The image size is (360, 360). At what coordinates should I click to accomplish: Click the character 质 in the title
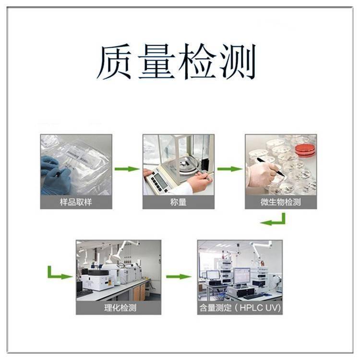pos(114,61)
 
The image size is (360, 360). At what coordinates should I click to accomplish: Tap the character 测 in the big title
pos(238,61)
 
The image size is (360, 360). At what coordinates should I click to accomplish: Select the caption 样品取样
pos(76,202)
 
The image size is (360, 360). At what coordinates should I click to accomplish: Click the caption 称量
pos(178,202)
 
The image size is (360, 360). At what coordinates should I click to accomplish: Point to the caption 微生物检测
pos(281,202)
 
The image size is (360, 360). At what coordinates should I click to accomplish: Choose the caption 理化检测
pos(120,308)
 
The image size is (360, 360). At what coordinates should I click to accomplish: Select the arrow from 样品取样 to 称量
pos(127,169)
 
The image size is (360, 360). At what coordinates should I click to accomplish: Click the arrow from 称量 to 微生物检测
pos(230,169)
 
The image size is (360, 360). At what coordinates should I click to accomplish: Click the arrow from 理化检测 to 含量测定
pos(179,276)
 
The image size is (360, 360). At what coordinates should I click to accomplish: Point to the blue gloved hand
pos(55,175)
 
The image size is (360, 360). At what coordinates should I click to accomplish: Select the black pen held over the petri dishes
pos(270,167)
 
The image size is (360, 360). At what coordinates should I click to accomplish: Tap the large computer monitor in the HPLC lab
pos(241,276)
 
